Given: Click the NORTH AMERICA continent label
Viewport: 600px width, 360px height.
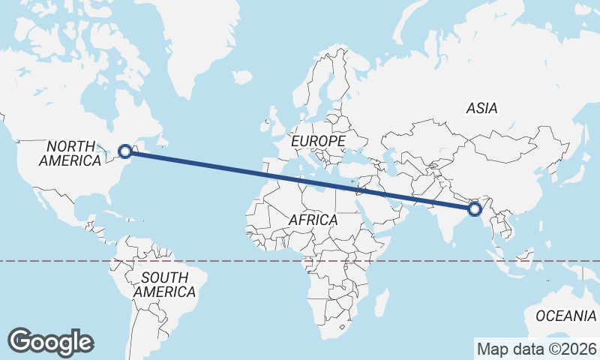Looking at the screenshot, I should [x=70, y=153].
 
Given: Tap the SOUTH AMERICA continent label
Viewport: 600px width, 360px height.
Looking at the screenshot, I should [x=164, y=284].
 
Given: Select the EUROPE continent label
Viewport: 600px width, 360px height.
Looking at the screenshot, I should [x=319, y=141].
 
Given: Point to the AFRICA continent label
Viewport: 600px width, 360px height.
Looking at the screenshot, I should [x=313, y=220].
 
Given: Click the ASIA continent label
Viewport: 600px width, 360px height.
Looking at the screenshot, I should [x=481, y=109].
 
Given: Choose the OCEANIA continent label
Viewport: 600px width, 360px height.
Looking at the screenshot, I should [x=565, y=316].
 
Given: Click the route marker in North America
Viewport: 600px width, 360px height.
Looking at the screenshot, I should [x=126, y=151].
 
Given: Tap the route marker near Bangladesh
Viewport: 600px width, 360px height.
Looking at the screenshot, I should [x=474, y=209].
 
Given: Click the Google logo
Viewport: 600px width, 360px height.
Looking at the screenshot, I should [x=51, y=341].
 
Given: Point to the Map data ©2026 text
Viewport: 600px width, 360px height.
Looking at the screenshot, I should [x=536, y=349].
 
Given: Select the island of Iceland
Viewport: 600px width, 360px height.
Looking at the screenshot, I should [x=241, y=76].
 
